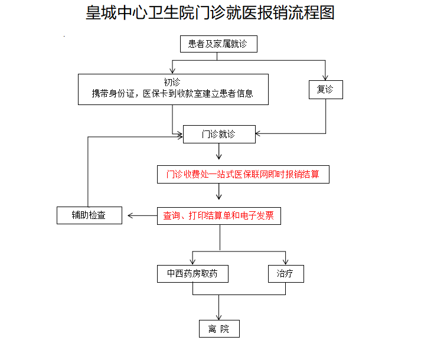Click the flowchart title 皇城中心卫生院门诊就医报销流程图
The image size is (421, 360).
(210, 14)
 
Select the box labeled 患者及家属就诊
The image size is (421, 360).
(218, 44)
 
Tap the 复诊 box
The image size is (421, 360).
(325, 89)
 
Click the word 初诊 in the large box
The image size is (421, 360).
(172, 81)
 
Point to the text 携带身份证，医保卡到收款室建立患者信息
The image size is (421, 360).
(172, 94)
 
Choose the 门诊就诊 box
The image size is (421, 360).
(219, 134)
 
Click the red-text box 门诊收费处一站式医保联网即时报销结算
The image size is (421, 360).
(243, 175)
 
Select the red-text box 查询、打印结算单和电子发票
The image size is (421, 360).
(218, 216)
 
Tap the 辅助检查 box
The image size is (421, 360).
(90, 215)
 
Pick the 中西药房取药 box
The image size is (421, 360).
(192, 274)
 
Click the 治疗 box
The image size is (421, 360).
(285, 274)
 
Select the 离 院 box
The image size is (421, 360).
(219, 329)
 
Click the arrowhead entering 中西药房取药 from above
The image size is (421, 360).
(192, 261)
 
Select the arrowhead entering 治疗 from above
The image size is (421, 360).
(285, 261)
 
